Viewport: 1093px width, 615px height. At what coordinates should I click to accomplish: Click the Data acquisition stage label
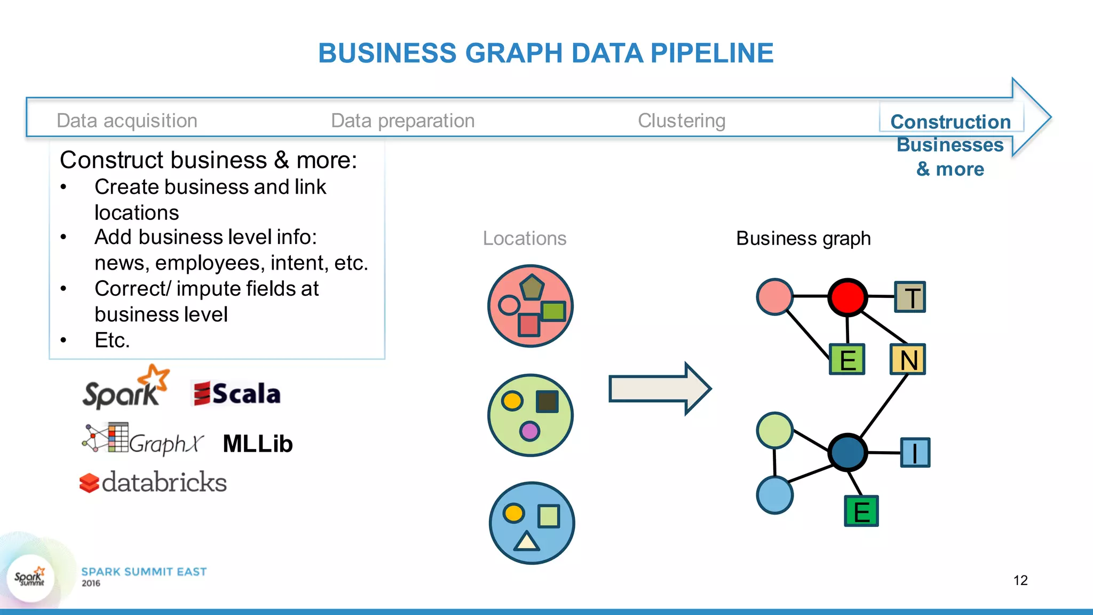[127, 121]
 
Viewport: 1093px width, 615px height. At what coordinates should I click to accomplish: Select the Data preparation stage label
[402, 121]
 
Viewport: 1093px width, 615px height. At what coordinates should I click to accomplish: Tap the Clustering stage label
[682, 121]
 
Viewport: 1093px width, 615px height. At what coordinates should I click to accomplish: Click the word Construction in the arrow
[951, 122]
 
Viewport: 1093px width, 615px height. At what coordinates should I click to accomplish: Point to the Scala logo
[236, 394]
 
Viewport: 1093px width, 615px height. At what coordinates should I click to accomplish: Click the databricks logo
[153, 482]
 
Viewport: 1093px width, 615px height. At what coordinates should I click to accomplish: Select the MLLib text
[258, 444]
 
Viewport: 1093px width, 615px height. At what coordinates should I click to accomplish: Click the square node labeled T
[910, 297]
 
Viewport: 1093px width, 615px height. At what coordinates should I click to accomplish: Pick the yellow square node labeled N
[908, 359]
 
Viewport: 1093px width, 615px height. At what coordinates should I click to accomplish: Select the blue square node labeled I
[915, 453]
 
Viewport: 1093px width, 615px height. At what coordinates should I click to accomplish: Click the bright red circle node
[847, 297]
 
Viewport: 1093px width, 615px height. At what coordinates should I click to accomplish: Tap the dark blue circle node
[848, 452]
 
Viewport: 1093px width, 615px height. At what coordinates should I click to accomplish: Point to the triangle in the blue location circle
[527, 541]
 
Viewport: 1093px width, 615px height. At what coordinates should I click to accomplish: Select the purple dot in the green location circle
[529, 431]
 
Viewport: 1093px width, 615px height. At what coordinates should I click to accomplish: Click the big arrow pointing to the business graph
[660, 388]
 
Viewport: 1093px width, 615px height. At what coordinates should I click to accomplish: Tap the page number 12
[1020, 580]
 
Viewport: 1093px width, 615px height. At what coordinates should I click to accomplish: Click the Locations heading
[524, 238]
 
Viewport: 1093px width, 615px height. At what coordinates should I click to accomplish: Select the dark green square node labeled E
[861, 511]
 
